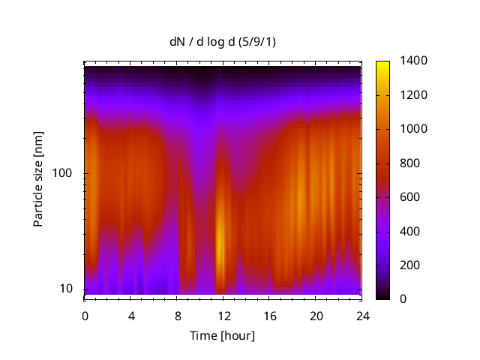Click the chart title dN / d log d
click(222, 42)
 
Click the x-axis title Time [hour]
click(222, 335)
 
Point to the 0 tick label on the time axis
click(85, 316)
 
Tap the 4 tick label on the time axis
click(131, 316)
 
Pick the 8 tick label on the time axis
click(178, 316)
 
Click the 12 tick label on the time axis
click(223, 316)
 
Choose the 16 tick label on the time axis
click(270, 316)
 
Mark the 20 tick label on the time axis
click(316, 316)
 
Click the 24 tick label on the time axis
click(362, 316)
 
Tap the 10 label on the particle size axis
click(70, 289)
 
